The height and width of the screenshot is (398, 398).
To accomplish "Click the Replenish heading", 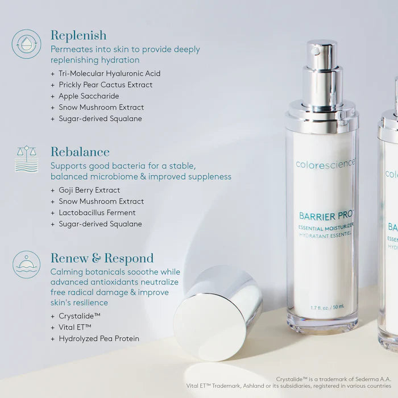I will pos(78,36).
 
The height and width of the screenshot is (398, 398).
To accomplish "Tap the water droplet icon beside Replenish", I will pos(26,44).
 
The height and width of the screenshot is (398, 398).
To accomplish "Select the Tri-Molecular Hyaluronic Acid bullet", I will pos(109,73).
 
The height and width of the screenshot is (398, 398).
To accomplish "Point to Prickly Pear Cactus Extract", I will pos(105,85).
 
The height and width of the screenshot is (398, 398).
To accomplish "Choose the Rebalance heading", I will pos(80,152).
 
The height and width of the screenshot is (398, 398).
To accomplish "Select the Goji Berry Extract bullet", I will pos(89,190).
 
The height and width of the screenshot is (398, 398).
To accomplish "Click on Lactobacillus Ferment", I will pos(97,213).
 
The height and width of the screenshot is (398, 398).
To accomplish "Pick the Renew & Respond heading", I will pos(102,258).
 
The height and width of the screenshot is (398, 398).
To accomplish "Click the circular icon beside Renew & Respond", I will pos(26,264).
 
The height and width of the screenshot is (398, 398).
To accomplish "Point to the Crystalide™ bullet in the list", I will pos(80,316).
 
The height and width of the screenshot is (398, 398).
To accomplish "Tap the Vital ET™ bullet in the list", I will pos(75,327).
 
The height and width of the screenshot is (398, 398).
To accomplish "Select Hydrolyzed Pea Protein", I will pos(98,338).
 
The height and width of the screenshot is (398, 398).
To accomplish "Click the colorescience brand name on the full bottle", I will pos(326,164).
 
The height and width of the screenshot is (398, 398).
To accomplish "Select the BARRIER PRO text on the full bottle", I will pos(326,215).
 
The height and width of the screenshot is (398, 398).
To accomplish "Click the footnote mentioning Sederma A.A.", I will pos(333,379).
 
